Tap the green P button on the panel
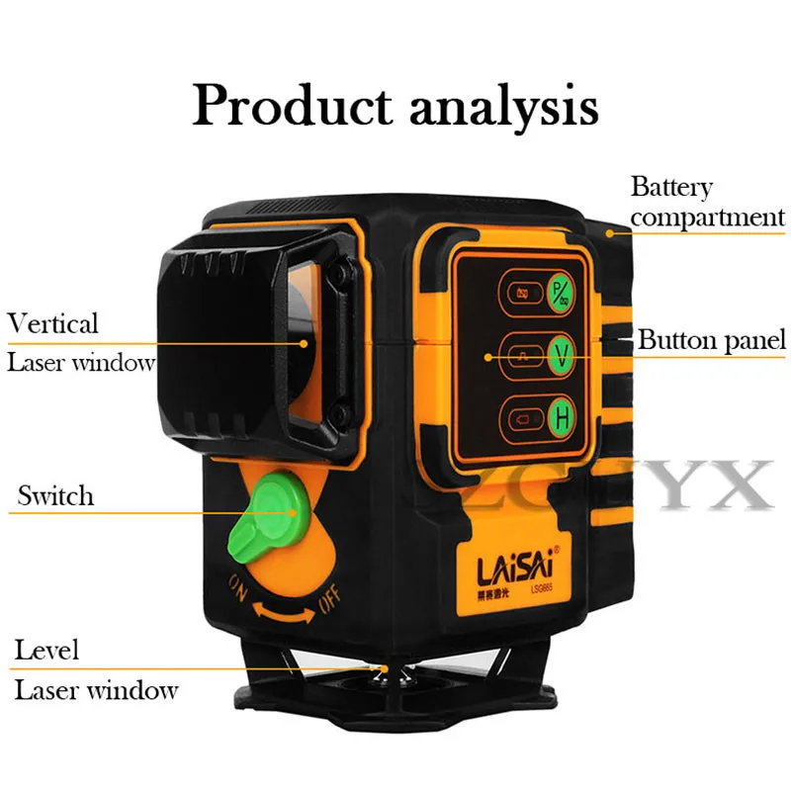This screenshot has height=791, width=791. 562,291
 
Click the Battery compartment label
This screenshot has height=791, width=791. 706,202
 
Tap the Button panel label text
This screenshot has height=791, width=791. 711,341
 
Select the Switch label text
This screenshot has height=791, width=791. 55,495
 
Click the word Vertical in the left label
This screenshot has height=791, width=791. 53,323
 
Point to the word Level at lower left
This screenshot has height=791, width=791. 46,651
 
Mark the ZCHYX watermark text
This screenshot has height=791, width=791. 633,484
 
